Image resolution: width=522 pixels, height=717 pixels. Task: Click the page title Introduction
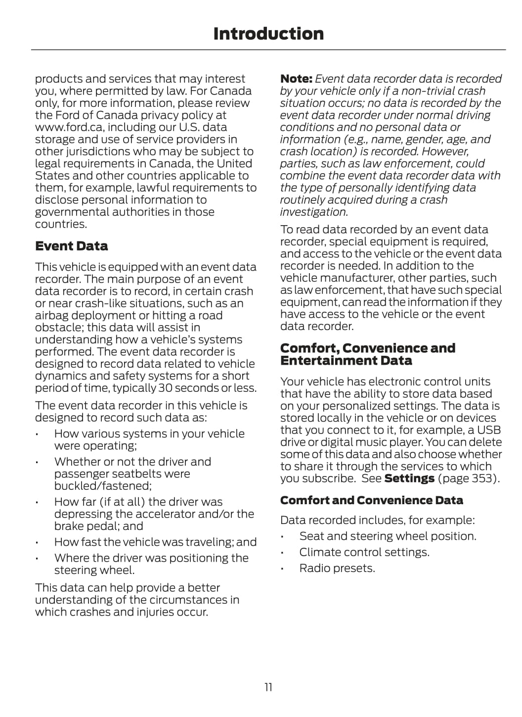(268, 34)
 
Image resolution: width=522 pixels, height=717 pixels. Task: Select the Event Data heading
(71, 246)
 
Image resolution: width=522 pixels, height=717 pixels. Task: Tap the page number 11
(268, 687)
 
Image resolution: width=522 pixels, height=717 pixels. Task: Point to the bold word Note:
(296, 79)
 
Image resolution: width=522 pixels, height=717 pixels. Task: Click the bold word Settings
(409, 478)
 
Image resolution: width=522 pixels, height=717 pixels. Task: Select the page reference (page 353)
(469, 478)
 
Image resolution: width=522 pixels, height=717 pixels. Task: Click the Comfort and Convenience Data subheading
(371, 500)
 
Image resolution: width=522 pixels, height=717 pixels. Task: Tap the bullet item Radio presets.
(337, 568)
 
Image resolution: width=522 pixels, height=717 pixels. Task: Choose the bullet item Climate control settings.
(364, 552)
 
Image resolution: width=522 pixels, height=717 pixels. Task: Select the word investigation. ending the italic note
(314, 212)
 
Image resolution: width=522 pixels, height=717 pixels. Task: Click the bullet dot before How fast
(37, 542)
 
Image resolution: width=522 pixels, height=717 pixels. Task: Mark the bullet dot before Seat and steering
(282, 537)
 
